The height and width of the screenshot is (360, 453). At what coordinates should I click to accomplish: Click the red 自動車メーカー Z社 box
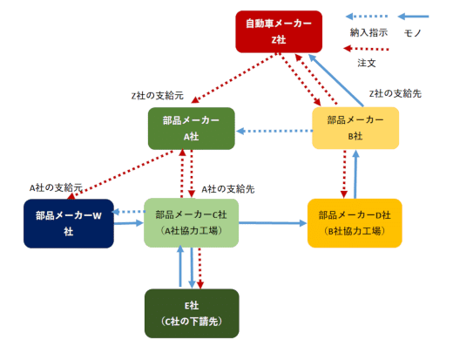tap(279, 31)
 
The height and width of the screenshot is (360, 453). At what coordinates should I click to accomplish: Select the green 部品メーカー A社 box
tap(192, 128)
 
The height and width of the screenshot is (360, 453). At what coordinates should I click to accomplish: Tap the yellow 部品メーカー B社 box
tap(355, 128)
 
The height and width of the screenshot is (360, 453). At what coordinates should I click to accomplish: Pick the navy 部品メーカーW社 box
tap(69, 223)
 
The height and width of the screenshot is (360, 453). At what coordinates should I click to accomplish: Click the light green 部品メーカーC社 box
tap(192, 223)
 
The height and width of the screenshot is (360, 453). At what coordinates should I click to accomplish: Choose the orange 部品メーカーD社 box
tap(355, 223)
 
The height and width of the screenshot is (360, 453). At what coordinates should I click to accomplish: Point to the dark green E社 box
tap(192, 313)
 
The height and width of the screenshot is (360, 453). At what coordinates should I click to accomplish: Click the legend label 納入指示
tap(368, 32)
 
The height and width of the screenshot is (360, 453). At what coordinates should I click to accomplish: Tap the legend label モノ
tap(413, 33)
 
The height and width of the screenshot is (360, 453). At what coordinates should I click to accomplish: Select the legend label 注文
tap(367, 63)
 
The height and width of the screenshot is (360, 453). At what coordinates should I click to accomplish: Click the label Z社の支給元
tap(158, 96)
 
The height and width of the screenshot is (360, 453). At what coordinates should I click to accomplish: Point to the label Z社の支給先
tap(396, 93)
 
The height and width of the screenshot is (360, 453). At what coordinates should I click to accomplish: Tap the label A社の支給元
tap(56, 187)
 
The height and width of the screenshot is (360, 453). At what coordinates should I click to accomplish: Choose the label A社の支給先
tap(228, 189)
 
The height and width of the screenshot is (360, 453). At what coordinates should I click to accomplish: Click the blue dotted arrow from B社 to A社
tap(274, 131)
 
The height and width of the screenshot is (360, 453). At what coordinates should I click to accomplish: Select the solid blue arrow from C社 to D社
tap(273, 223)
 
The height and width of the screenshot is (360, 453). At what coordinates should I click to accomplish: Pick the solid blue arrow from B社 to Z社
tap(335, 80)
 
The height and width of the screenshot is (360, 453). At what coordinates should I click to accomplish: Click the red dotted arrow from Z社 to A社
tap(233, 78)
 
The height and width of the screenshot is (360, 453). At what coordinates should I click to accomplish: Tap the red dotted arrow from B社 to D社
tap(344, 174)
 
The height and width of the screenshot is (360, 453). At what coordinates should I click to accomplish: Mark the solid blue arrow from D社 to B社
tap(355, 174)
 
